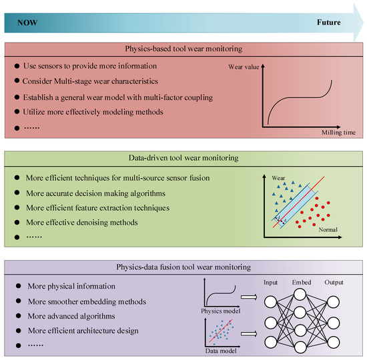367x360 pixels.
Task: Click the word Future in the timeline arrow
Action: coord(328,22)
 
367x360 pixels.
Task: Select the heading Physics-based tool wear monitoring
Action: coord(183,49)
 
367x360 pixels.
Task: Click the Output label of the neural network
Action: coord(333,283)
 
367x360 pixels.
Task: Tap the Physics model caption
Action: coord(220,310)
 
